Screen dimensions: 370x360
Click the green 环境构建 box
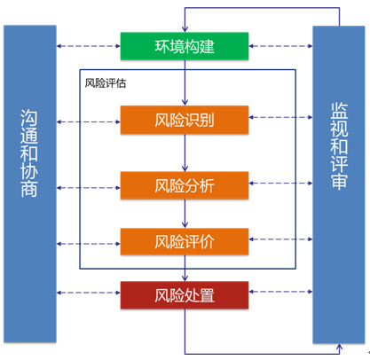click(185, 46)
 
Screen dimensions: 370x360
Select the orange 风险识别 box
click(185, 120)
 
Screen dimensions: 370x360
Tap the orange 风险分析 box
click(185, 185)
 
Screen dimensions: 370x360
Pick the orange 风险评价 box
click(185, 241)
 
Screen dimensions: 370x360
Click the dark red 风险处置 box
click(185, 295)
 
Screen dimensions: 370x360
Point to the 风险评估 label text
click(106, 83)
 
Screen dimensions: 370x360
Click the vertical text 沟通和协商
click(29, 153)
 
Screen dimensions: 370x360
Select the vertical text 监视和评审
click(339, 145)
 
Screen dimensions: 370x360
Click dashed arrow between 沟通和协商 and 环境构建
click(89, 46)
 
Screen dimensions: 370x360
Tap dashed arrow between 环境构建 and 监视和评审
click(280, 46)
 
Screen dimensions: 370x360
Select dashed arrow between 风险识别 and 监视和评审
click(280, 117)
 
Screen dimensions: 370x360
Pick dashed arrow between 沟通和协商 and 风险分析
click(89, 188)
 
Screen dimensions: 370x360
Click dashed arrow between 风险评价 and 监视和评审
click(280, 239)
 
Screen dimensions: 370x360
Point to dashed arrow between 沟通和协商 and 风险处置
click(89, 293)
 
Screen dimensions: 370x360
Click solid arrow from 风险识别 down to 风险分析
click(185, 153)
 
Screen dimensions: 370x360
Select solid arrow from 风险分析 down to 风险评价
click(185, 214)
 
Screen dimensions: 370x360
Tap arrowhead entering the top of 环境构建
click(185, 29)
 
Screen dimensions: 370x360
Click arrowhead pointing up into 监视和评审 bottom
click(339, 347)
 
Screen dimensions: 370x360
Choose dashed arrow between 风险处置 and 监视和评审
click(280, 292)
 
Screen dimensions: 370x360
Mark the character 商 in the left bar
click(29, 189)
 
